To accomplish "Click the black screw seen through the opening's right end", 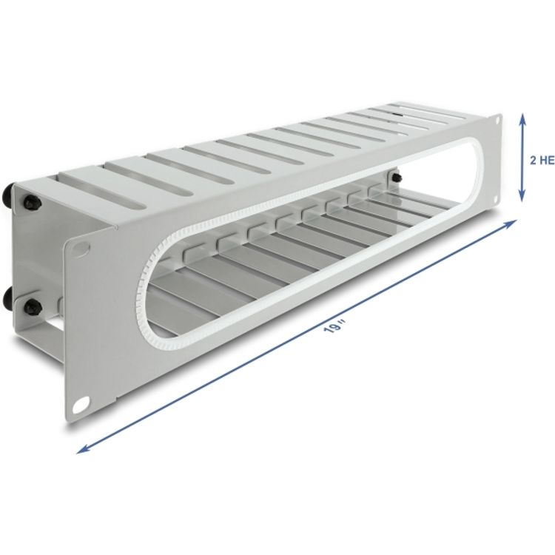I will tap(397, 177).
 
